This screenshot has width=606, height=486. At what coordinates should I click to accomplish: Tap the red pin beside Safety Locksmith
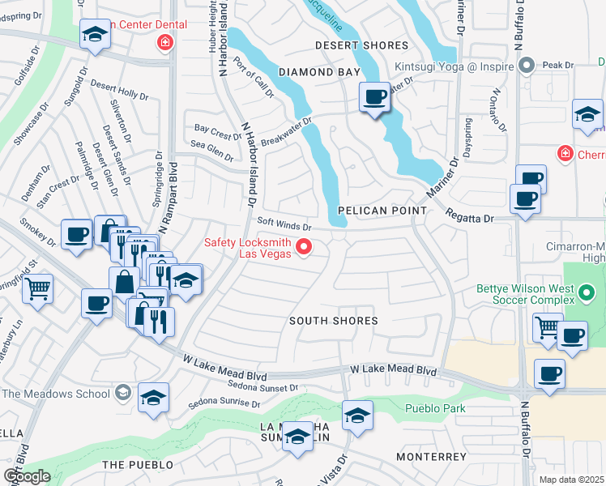[x=305, y=248]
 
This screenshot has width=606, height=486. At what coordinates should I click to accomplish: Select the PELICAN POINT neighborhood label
[x=381, y=211]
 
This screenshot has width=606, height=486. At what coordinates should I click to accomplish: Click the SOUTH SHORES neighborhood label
[x=334, y=321]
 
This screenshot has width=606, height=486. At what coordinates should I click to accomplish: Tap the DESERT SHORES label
[x=361, y=46]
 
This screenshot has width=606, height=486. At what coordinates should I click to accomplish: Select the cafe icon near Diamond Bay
[x=374, y=99]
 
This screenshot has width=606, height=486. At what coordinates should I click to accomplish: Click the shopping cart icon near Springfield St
[x=37, y=288]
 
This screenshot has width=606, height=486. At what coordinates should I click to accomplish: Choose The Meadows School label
[x=55, y=394]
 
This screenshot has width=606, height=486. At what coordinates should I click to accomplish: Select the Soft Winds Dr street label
[x=284, y=226]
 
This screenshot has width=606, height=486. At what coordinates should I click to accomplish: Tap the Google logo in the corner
[x=26, y=476]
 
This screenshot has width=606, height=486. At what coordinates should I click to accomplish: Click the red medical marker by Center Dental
[x=165, y=42]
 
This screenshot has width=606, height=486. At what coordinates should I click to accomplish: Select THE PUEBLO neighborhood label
[x=138, y=464]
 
